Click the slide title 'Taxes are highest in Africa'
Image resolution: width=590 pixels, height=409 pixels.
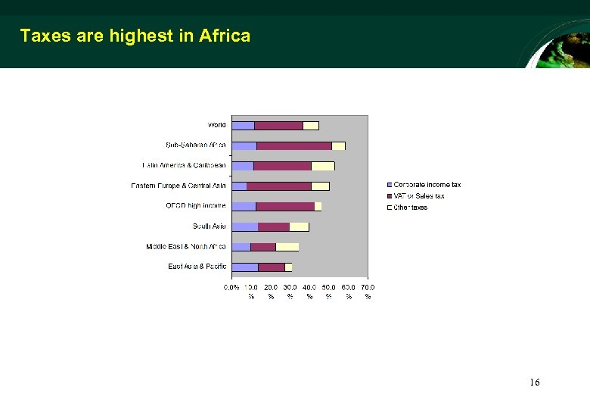(x=135, y=36)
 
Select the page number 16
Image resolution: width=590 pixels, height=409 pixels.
(x=534, y=382)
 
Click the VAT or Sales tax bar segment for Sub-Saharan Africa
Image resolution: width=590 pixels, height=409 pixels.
(x=293, y=145)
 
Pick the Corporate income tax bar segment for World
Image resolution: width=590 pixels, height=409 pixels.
(x=243, y=126)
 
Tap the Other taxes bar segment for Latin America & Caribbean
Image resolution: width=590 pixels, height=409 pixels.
(x=322, y=166)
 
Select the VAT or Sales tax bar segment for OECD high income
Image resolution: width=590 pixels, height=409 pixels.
(x=285, y=206)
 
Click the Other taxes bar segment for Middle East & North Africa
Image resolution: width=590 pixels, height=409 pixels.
(x=287, y=247)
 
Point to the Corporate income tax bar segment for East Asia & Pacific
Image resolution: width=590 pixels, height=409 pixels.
(x=244, y=267)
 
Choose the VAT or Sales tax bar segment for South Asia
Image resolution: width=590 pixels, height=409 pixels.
(x=273, y=226)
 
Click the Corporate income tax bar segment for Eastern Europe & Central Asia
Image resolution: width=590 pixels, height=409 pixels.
(x=239, y=186)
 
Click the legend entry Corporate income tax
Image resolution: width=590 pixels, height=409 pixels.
(x=427, y=185)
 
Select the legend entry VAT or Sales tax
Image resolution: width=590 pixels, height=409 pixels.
(x=418, y=196)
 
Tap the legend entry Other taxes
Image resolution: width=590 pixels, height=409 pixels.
(x=410, y=208)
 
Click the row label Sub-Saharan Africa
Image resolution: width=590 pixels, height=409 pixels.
(x=196, y=145)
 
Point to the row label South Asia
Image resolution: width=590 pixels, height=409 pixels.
(x=209, y=226)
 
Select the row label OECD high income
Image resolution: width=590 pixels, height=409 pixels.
(x=195, y=206)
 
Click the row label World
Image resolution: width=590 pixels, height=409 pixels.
(x=216, y=125)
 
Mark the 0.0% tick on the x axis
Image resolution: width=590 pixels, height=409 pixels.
(x=231, y=288)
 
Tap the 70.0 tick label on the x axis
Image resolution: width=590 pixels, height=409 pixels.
(x=368, y=288)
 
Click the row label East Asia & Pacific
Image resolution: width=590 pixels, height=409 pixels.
(x=197, y=267)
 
